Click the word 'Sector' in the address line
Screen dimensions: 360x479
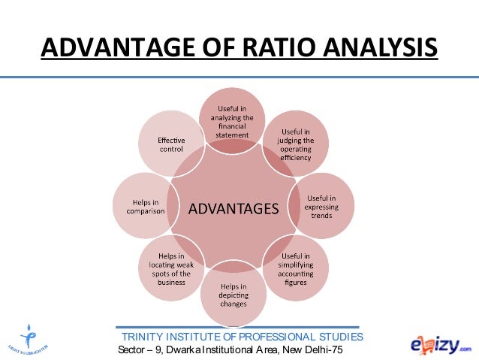coord(131,351)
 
